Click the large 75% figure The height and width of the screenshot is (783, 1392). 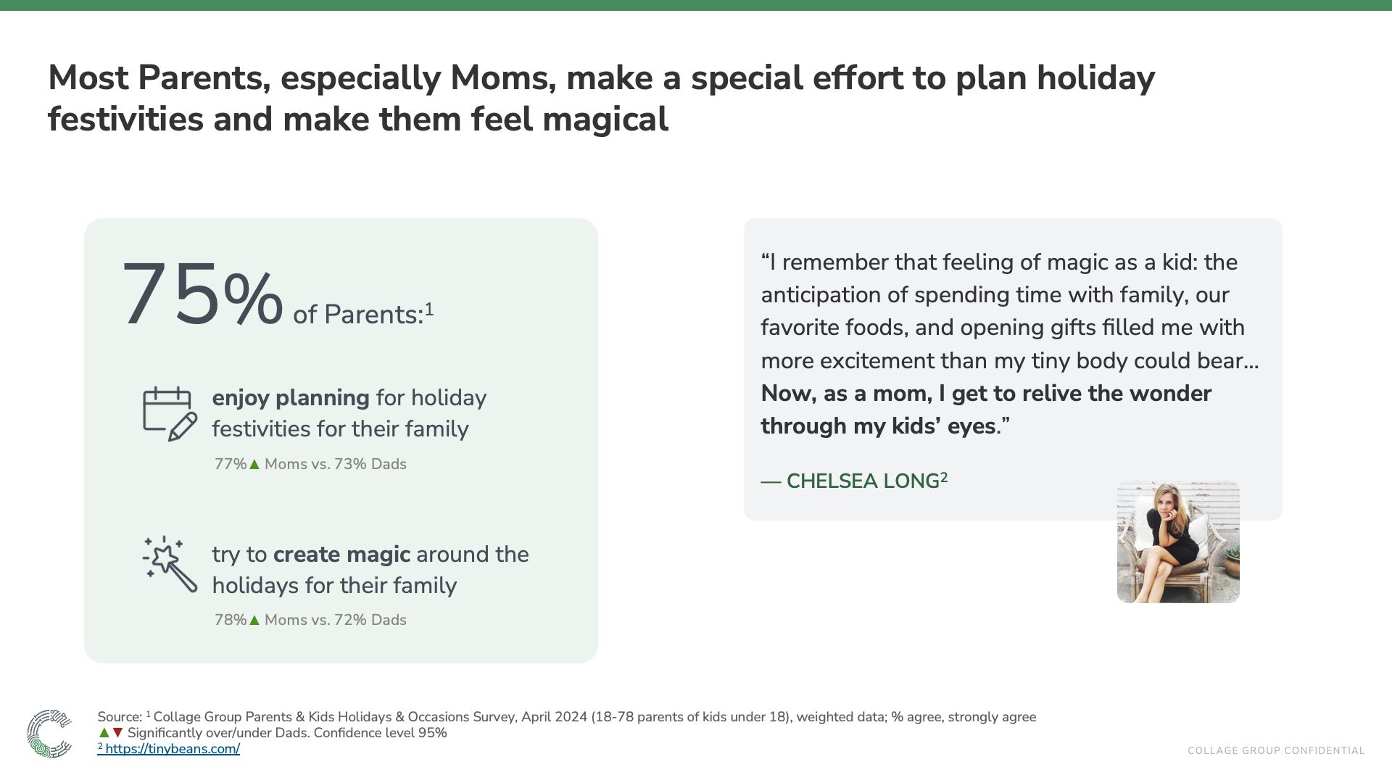[x=202, y=296]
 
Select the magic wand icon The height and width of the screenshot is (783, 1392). [x=170, y=564]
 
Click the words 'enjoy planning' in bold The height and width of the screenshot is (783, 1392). [x=290, y=398]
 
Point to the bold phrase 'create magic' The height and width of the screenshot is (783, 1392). [x=341, y=555]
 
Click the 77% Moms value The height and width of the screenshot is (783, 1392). [x=230, y=464]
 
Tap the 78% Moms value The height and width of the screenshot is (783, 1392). [x=230, y=620]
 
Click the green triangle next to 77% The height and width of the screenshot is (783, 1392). [x=254, y=465]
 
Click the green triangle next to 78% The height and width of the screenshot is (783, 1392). [x=254, y=621]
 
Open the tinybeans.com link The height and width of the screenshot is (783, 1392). [x=172, y=749]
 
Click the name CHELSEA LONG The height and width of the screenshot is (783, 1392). [x=863, y=481]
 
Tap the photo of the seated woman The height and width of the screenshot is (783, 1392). [x=1178, y=542]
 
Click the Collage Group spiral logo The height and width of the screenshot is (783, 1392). [x=49, y=734]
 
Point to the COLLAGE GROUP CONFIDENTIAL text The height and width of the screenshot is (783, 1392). [x=1276, y=751]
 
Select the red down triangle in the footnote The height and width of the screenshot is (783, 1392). [x=118, y=733]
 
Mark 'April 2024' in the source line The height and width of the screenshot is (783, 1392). [x=554, y=717]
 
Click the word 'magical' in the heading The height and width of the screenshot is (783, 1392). [x=605, y=120]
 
